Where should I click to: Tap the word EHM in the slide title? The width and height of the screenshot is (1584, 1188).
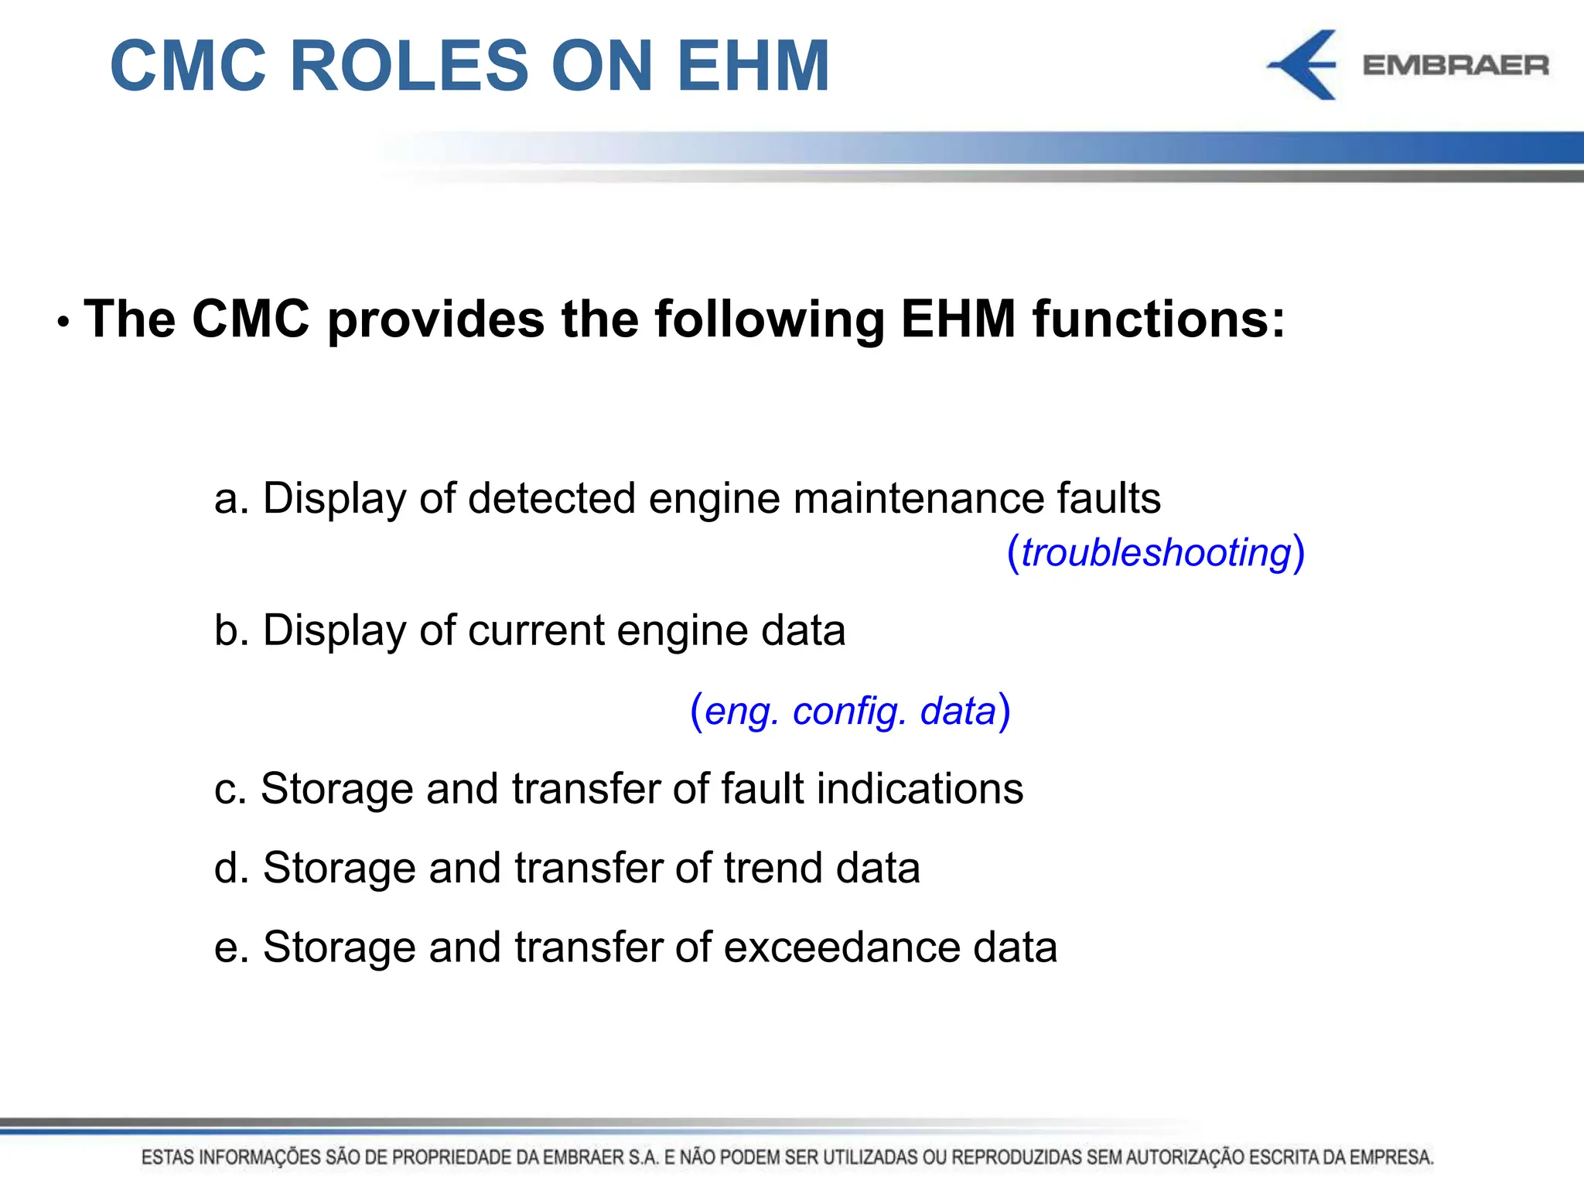[753, 66]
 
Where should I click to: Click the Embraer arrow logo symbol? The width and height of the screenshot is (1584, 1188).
[1305, 65]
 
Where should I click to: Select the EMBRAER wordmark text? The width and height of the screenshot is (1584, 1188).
[1456, 66]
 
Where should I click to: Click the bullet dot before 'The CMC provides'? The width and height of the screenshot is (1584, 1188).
[63, 322]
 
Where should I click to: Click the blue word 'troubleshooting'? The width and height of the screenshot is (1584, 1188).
[1156, 553]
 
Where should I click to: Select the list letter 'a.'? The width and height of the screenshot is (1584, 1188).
[231, 498]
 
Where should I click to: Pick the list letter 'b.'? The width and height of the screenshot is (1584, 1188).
[231, 630]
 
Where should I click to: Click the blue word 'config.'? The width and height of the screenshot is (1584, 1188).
[849, 712]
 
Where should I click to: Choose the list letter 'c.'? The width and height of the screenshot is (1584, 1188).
[230, 789]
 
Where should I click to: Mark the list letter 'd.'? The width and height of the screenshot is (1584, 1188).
[231, 868]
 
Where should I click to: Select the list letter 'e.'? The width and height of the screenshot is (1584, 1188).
[231, 947]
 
